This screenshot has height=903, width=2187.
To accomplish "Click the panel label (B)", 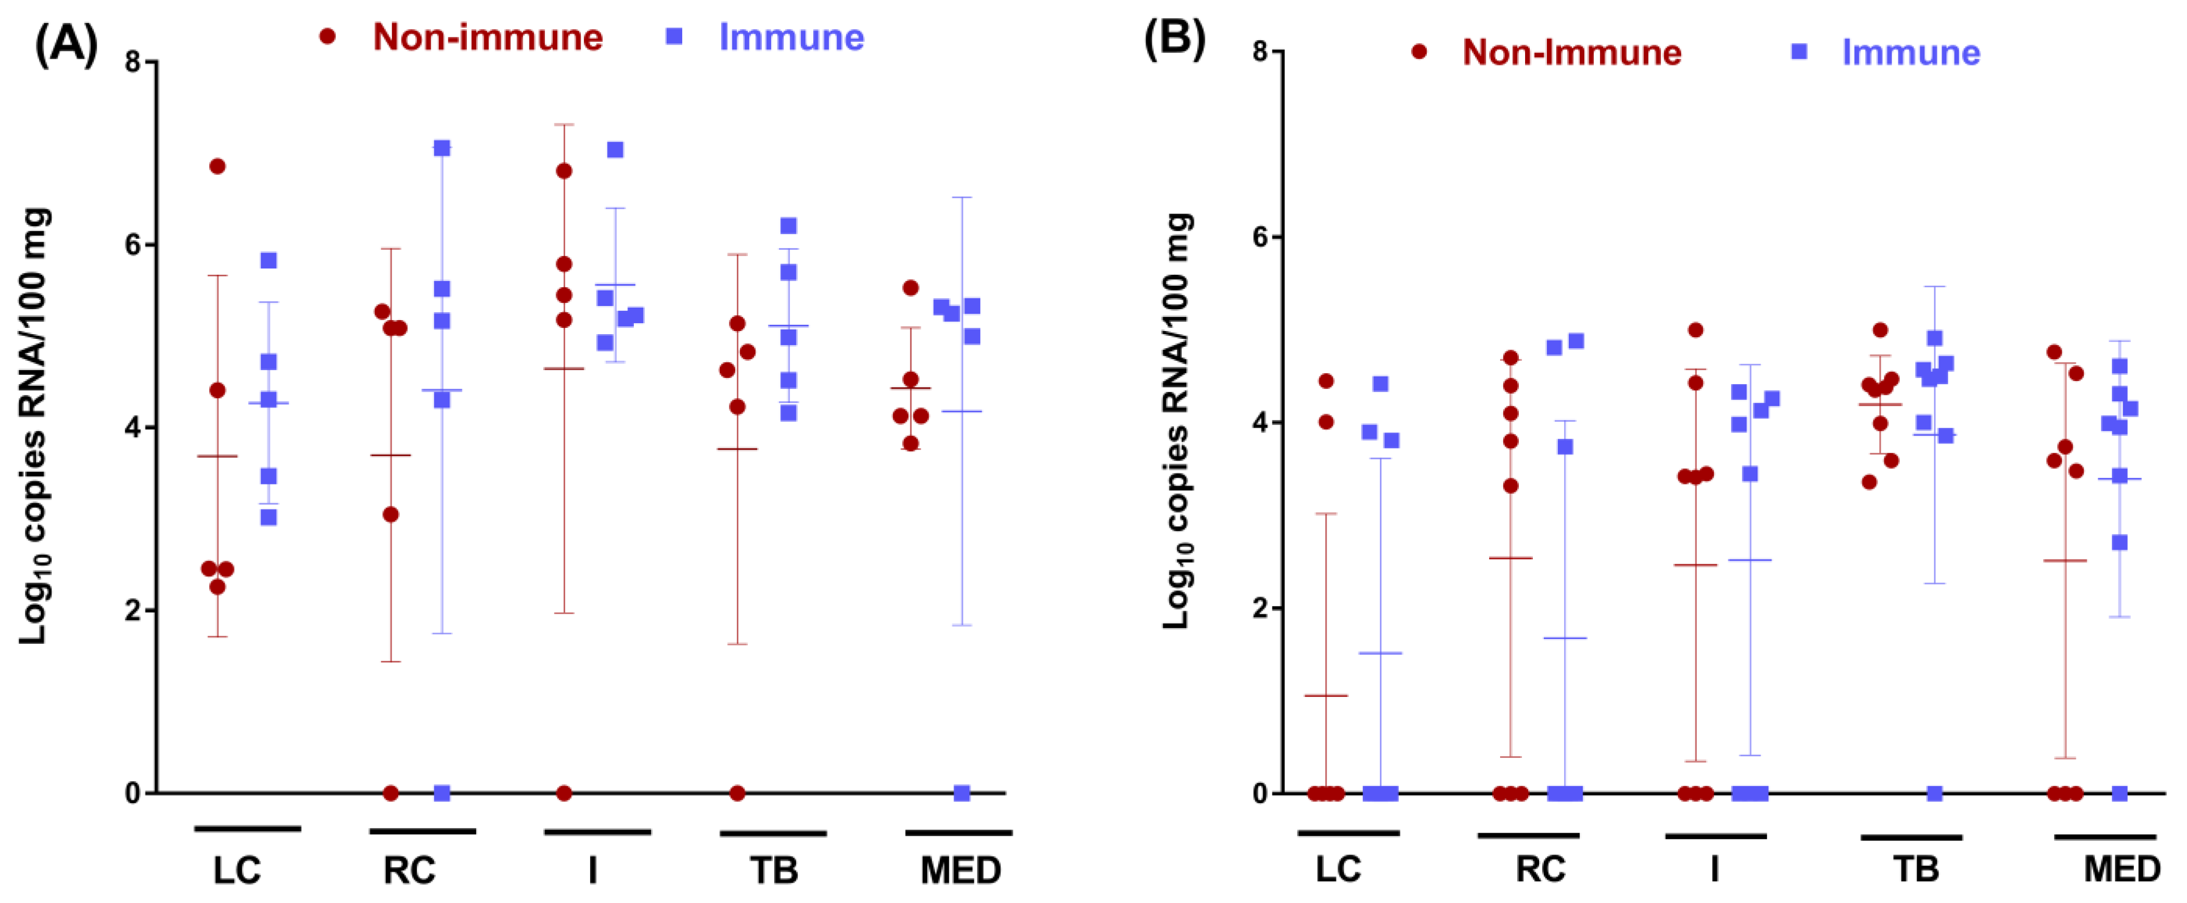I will click(1174, 41).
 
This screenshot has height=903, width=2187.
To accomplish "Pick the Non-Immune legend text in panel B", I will click(1571, 52).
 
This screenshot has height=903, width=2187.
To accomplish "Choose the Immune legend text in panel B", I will click(1910, 52).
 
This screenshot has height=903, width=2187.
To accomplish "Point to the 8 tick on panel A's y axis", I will click(133, 62).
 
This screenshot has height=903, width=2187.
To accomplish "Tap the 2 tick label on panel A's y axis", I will click(133, 611).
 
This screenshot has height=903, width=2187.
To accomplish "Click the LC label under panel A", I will click(237, 870).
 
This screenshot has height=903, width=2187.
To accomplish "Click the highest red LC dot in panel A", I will click(217, 166).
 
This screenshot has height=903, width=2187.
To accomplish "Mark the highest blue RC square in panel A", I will click(441, 148).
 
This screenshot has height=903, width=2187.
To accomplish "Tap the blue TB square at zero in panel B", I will click(1935, 793).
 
